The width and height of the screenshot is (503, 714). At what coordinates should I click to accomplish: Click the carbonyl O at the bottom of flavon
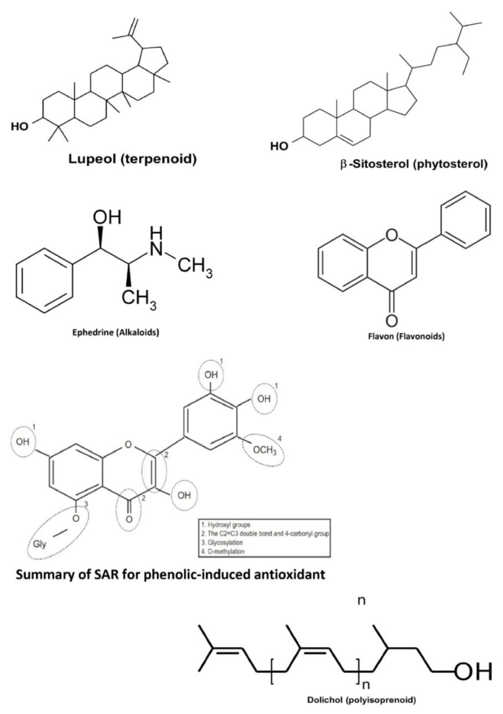tap(392, 320)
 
